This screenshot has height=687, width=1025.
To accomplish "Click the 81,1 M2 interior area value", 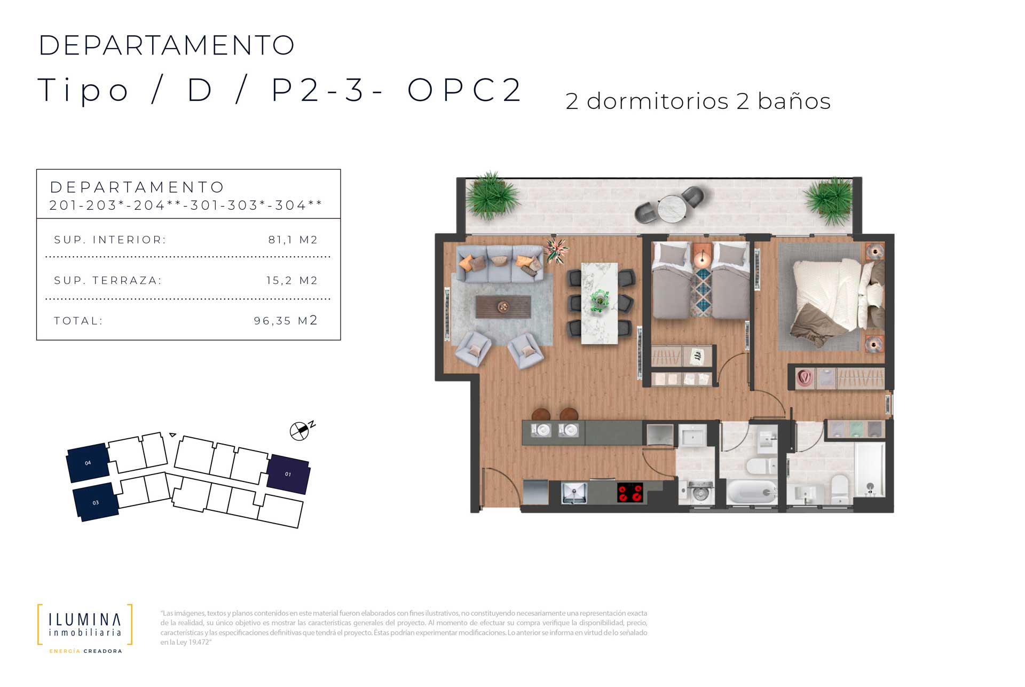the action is (293, 240).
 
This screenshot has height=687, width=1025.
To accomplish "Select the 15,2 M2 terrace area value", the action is (292, 280).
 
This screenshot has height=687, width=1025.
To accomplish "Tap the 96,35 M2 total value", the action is (286, 320).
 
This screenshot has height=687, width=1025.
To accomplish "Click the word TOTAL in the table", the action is (78, 321).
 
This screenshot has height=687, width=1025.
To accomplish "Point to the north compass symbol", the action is (300, 430).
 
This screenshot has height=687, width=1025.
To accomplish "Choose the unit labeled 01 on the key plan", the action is (288, 474).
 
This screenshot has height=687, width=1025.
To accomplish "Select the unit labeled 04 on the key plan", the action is (88, 462).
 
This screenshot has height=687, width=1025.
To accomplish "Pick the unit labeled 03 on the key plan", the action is (96, 502).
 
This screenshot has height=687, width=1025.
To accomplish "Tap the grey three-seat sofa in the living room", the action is (500, 263).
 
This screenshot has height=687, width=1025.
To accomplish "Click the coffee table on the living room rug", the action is (503, 307).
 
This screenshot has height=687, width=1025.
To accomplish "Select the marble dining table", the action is (599, 303).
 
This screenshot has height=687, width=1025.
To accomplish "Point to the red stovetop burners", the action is (630, 493).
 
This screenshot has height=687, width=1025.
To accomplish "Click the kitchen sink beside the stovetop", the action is (574, 492).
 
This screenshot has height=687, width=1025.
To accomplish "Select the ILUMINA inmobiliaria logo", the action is (85, 628).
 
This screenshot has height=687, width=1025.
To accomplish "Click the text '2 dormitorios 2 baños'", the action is (698, 101).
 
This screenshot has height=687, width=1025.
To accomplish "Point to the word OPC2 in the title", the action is (464, 90).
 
